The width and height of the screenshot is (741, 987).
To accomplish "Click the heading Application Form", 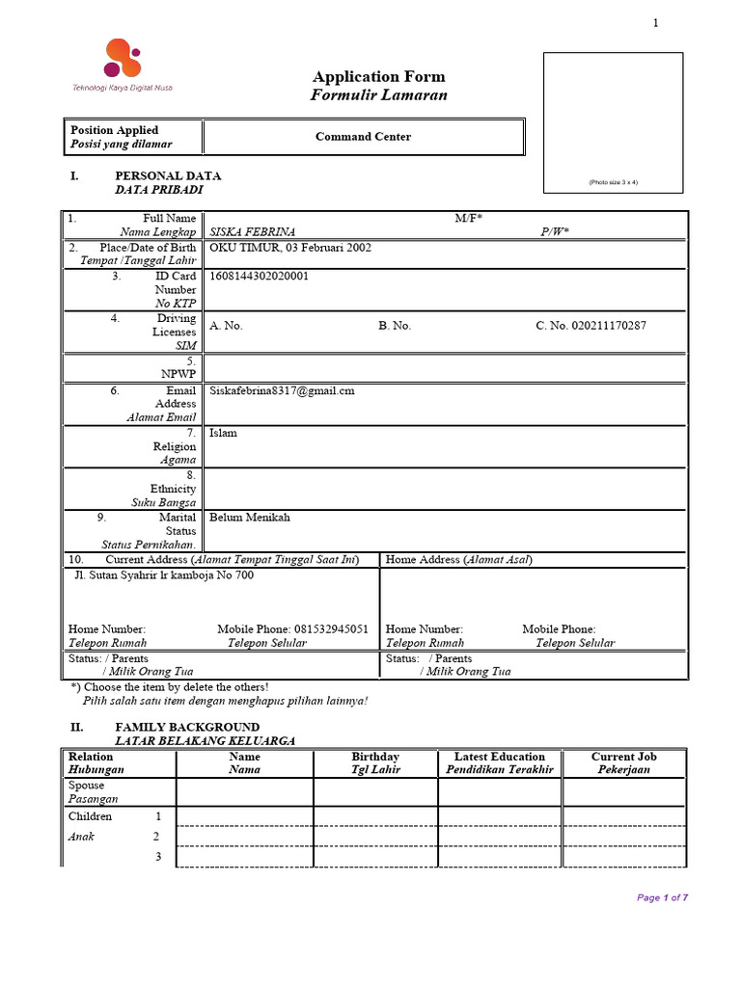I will click(x=378, y=76).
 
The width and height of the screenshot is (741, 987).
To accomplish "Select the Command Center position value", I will click(x=363, y=137).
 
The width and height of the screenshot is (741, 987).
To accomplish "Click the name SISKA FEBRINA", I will click(x=252, y=232).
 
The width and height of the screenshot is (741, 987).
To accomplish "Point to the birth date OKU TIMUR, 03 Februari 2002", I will click(x=290, y=248).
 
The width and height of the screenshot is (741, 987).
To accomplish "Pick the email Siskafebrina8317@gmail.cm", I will click(x=282, y=390).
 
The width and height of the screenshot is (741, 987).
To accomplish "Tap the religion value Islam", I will click(x=223, y=433).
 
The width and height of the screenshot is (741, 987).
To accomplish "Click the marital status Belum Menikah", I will click(x=249, y=518).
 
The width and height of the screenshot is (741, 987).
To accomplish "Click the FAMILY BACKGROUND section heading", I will click(x=187, y=727).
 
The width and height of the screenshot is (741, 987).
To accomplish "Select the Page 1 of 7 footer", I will click(x=662, y=897).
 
